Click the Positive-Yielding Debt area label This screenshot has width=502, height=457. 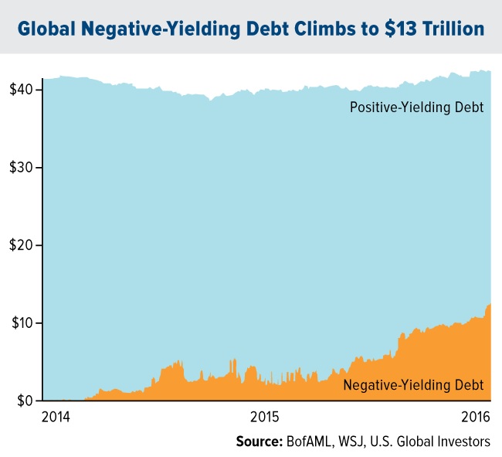click(x=416, y=107)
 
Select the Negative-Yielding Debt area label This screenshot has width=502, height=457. click(x=414, y=384)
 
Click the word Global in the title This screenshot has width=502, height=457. click(x=46, y=29)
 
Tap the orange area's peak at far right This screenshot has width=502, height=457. click(x=489, y=305)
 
